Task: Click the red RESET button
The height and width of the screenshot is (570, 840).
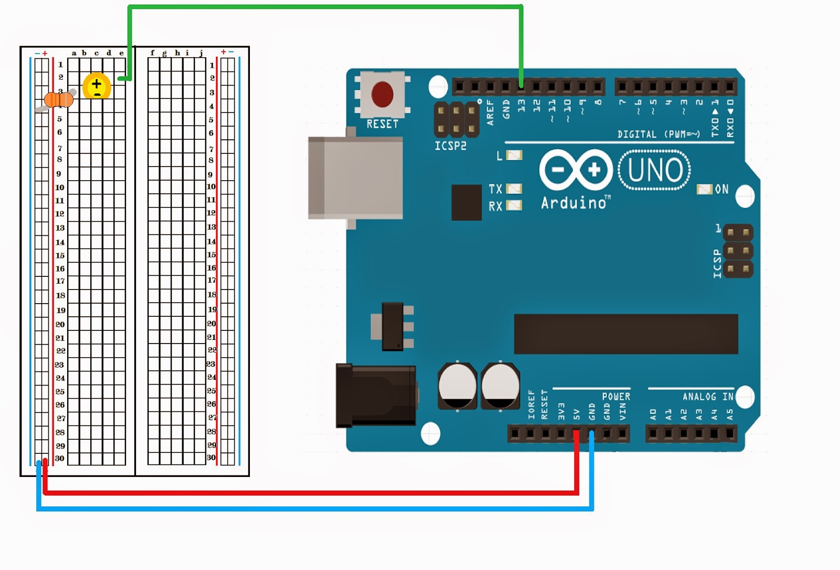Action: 382,95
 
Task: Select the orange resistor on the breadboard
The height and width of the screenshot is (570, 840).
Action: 58,99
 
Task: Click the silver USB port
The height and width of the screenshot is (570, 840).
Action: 355,178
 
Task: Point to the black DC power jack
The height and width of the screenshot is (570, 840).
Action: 376,395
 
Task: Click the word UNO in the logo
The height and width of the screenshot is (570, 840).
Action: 655,170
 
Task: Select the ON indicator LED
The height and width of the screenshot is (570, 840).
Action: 704,189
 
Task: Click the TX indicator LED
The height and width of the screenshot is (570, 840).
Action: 514,189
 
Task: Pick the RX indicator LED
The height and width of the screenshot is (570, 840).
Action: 514,205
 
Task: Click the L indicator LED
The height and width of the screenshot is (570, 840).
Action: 514,156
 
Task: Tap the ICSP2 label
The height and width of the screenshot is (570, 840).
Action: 450,146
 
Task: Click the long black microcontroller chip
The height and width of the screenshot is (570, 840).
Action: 626,334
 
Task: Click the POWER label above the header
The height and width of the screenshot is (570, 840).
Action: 616,397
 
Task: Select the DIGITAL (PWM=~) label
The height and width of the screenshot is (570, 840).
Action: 658,134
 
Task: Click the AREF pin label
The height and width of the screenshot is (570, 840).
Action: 490,112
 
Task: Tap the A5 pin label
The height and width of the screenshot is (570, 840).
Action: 730,415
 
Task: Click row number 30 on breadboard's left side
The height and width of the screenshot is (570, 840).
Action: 60,458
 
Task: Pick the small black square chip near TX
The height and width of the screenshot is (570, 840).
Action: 466,202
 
